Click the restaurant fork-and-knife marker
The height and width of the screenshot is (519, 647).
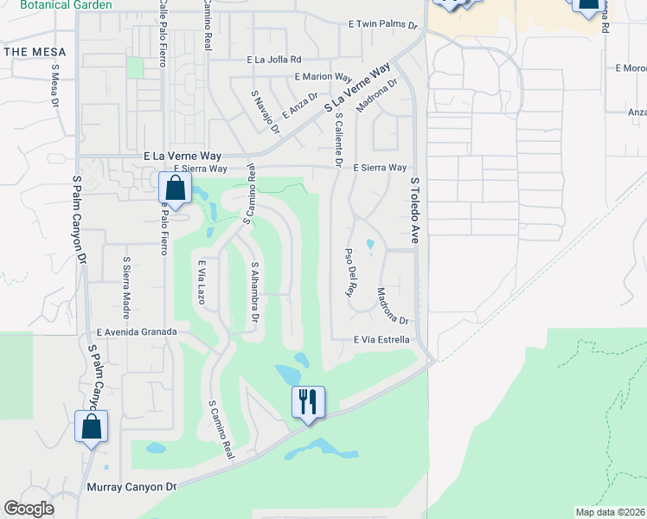(308, 401)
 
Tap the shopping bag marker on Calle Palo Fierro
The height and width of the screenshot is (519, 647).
(175, 187)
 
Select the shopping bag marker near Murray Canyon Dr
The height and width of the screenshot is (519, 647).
(92, 426)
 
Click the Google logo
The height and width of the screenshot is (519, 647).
(29, 509)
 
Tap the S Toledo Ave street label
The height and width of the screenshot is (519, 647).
(414, 211)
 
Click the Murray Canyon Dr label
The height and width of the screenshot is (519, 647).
(131, 487)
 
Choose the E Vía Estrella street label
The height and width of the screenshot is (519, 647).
(381, 340)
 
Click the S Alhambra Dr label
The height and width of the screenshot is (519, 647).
(255, 292)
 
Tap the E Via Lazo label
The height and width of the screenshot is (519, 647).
(201, 282)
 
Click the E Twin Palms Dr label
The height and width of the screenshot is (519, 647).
(381, 25)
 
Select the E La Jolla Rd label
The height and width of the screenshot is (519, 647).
(273, 60)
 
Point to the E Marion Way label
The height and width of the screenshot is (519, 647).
(323, 77)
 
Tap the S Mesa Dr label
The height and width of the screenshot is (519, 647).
(54, 86)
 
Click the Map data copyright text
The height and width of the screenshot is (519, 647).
(609, 512)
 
